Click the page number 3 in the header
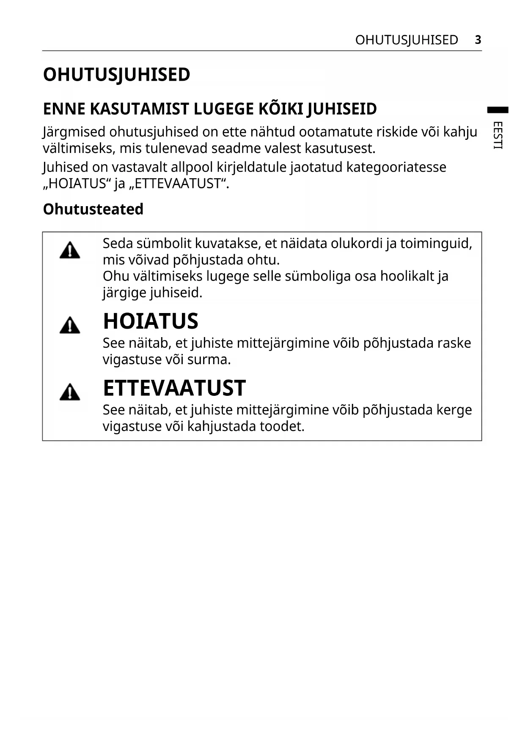478,40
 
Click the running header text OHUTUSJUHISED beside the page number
406,40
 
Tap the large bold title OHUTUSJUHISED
116,75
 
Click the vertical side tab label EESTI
498,135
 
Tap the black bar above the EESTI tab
498,110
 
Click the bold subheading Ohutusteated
93,209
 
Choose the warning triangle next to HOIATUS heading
70,326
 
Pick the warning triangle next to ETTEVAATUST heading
70,392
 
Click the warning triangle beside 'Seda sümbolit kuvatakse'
70,250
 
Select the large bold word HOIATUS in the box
151,321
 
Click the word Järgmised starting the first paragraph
74,132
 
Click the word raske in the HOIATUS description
454,343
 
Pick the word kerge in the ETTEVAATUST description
454,410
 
